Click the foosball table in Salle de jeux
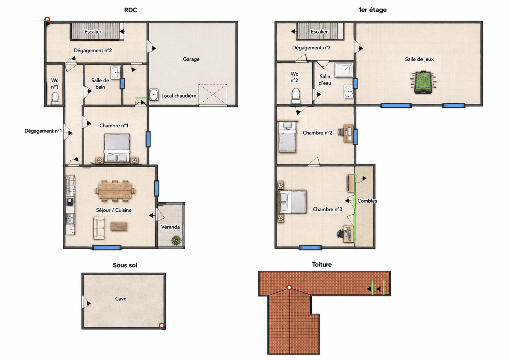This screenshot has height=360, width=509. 423,83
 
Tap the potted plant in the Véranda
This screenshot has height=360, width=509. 176,241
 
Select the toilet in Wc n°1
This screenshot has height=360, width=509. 55,98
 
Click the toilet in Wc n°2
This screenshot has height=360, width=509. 296,96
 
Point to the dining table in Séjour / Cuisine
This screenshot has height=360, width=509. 115,191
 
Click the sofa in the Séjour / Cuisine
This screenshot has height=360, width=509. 99,228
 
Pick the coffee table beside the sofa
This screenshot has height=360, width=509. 119,227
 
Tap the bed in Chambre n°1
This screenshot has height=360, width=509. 117,148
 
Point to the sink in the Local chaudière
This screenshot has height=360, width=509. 154,95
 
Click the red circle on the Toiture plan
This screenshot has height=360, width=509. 289,288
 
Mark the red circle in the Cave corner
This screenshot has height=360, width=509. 161,326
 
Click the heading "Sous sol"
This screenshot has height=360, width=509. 125,265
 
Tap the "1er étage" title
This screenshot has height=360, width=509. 372,10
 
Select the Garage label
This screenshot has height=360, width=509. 191,59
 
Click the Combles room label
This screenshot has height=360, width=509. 367,201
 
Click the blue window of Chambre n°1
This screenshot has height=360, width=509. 148,139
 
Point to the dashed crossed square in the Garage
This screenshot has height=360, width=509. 213,95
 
